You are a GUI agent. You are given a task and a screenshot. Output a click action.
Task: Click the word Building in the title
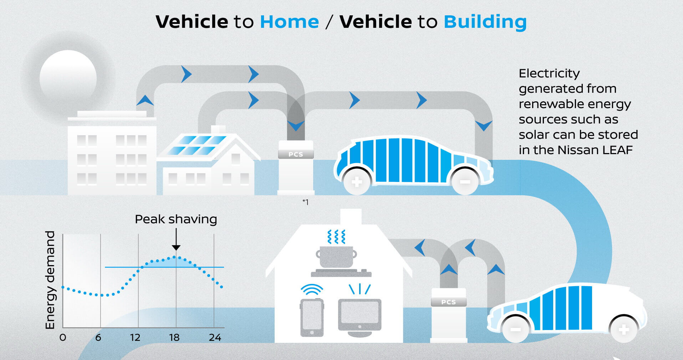click(485, 22)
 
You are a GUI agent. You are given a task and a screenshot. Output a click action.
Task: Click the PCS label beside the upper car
click(296, 154)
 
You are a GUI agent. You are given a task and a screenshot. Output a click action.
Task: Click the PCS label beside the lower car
click(448, 302)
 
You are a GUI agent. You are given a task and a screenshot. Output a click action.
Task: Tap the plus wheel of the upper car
click(357, 182)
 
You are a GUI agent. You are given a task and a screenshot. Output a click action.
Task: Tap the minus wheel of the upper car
click(465, 182)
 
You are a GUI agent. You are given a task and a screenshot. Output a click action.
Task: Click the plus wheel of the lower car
click(624, 330)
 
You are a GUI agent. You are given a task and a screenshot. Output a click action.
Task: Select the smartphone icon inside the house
click(312, 318)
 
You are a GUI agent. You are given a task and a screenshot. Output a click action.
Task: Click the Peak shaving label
click(176, 219)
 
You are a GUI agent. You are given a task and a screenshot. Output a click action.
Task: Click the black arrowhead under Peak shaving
click(176, 248)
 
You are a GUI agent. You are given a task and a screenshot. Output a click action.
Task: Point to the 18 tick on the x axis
click(174, 337)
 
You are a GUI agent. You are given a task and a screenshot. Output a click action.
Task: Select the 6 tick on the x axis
click(98, 337)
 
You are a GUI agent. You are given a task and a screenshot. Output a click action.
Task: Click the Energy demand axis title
click(50, 280)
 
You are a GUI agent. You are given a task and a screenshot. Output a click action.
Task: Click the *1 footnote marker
click(305, 202)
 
